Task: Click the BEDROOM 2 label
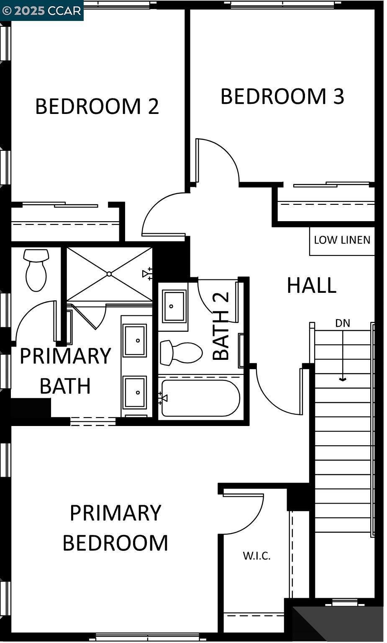coord(97,106)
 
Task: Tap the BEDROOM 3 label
coord(282,96)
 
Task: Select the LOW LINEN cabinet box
coord(342,241)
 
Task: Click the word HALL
coord(312,286)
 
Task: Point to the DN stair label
coord(343,323)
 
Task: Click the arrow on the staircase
coord(343,356)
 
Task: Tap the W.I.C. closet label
coord(256,556)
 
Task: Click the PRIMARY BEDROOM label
coord(115,528)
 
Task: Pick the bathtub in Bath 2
coord(200,398)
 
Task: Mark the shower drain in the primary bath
coord(109,274)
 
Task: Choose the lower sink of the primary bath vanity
coord(135,392)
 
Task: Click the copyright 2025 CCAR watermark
coord(41,10)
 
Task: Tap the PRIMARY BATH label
coord(65,371)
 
